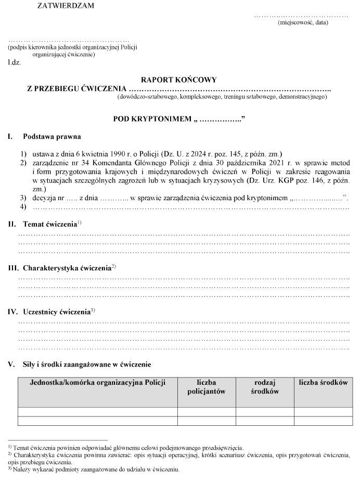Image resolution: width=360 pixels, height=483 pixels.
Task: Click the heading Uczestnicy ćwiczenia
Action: [57, 312]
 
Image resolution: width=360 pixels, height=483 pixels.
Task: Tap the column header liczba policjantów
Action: [207, 387]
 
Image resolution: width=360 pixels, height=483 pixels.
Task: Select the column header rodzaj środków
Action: [265, 387]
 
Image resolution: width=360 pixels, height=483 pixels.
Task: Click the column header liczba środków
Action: [323, 383]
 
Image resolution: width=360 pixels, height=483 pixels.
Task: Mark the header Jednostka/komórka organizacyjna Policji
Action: [98, 383]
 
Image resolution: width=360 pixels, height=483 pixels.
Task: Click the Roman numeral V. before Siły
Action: [10, 364]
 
